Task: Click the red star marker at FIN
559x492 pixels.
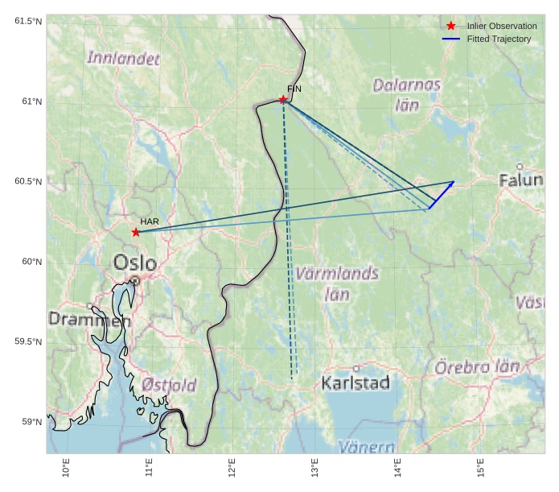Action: (x=283, y=100)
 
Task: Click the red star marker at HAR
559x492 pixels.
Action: (x=136, y=233)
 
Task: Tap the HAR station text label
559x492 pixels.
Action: (x=150, y=221)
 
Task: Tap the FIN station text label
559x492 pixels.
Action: (x=294, y=89)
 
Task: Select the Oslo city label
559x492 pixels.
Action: (x=135, y=263)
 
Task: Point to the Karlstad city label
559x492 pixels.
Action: (x=356, y=382)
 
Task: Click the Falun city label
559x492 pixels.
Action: (x=520, y=180)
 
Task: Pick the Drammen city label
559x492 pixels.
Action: (x=89, y=320)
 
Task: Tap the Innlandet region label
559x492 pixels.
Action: (x=123, y=58)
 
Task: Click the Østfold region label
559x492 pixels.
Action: (x=169, y=386)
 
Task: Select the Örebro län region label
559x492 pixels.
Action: (x=477, y=367)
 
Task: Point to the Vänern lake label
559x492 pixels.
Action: (x=366, y=446)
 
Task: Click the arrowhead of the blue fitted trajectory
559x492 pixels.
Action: (x=453, y=183)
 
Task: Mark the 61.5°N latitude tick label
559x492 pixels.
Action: (x=27, y=21)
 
